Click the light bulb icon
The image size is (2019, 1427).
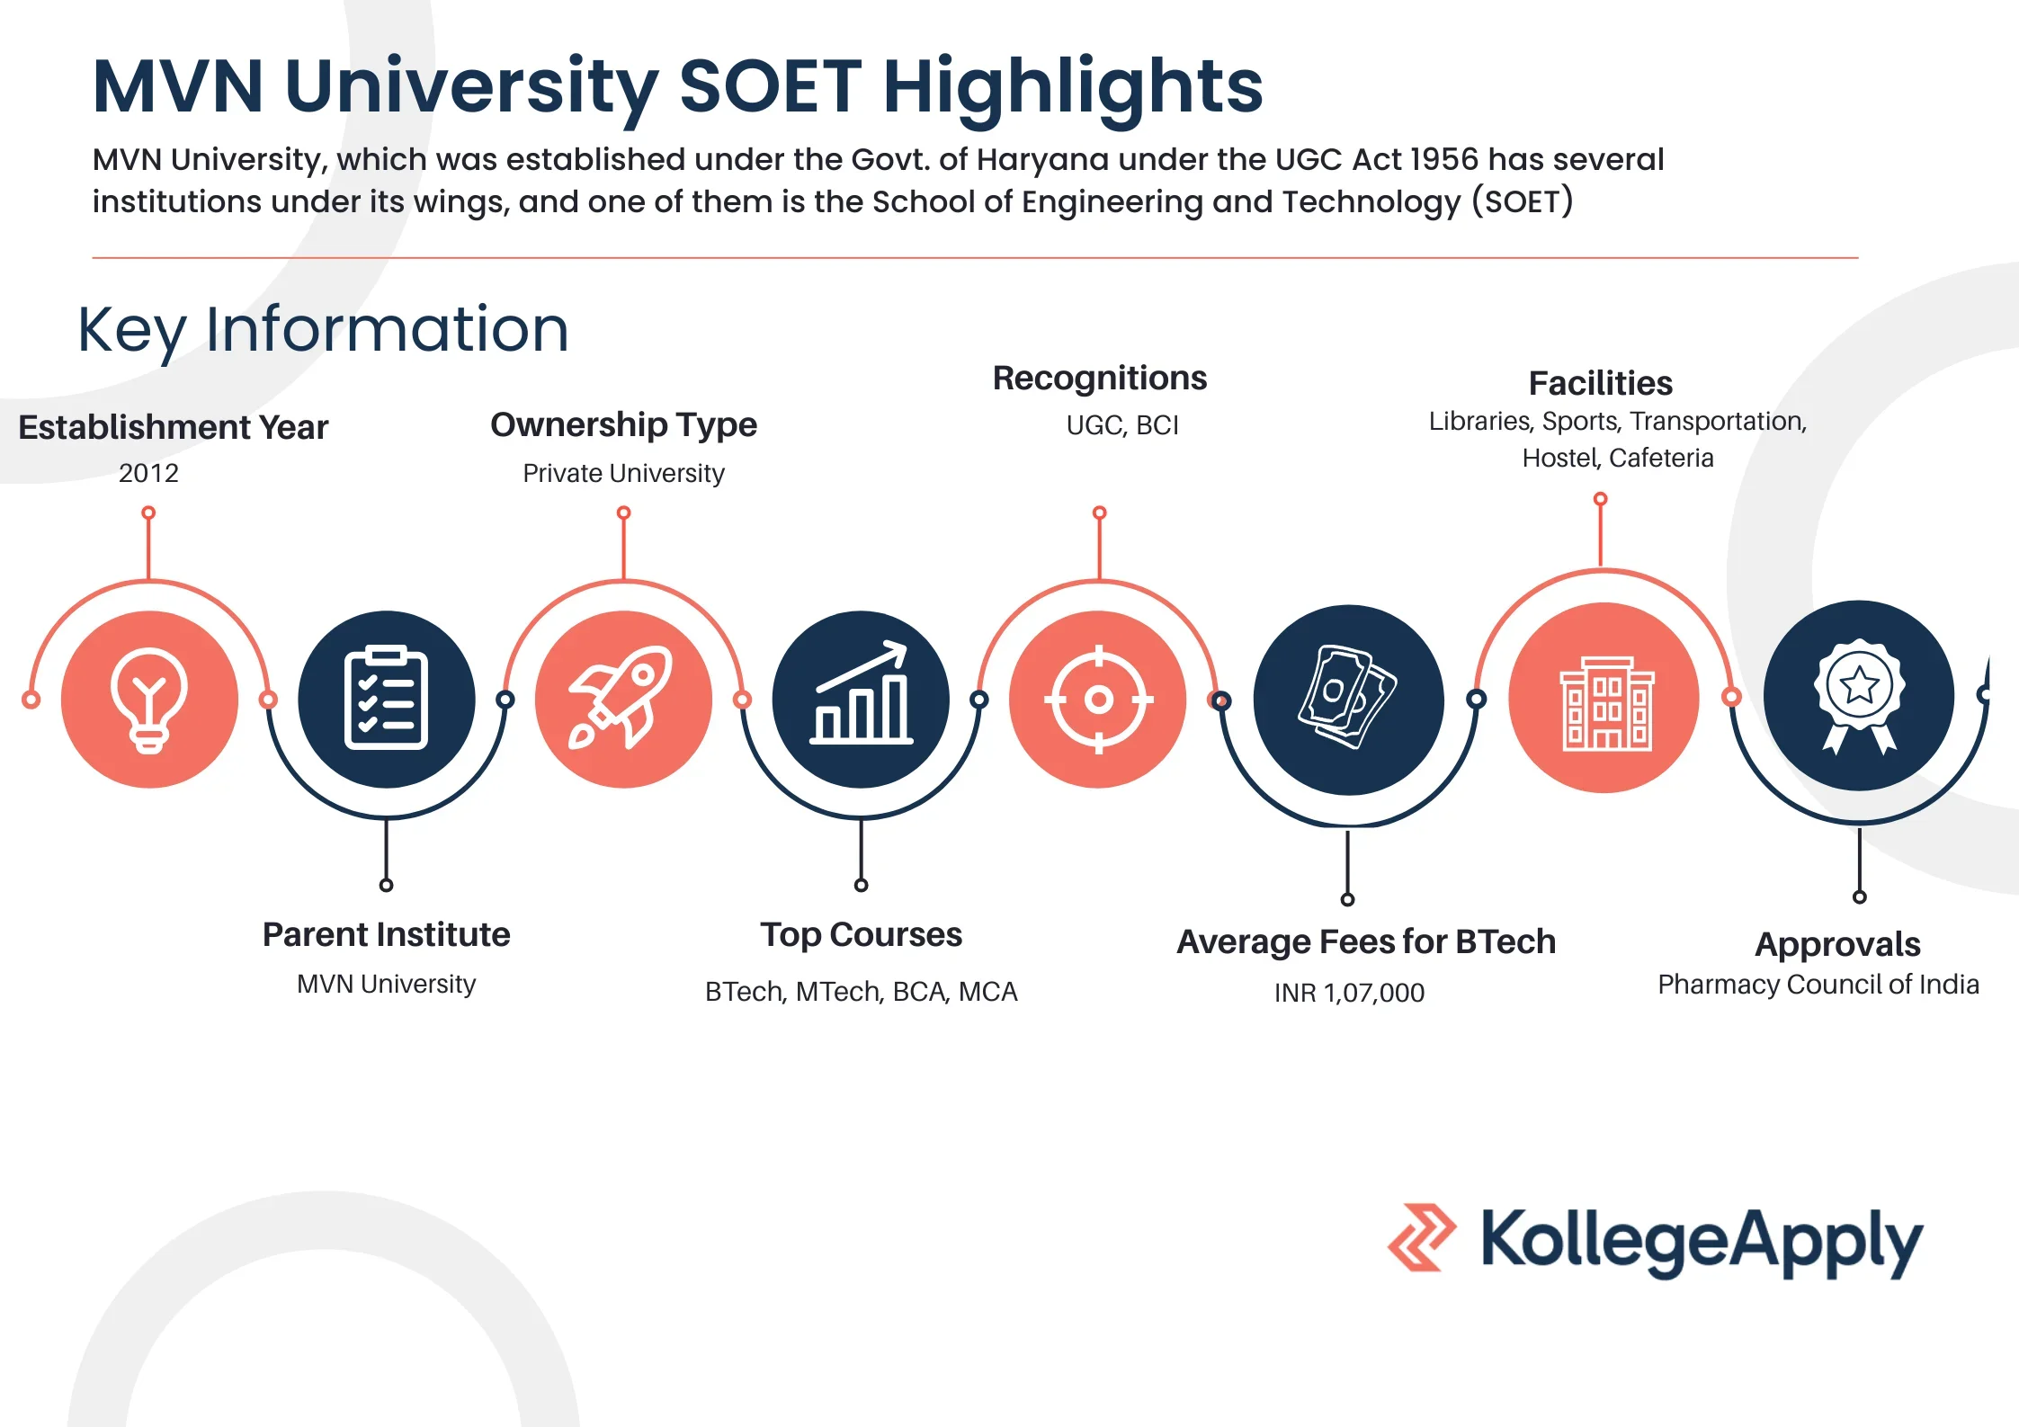tap(149, 700)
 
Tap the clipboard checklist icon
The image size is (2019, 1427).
tap(386, 699)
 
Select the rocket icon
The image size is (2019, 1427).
tap(622, 698)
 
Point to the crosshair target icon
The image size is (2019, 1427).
tap(1098, 699)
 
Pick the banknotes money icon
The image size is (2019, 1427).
tap(1347, 698)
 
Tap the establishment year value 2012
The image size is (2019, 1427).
tap(149, 473)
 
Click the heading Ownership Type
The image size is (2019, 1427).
tap(623, 424)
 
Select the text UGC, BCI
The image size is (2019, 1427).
tap(1121, 425)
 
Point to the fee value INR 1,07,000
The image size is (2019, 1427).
tap(1349, 993)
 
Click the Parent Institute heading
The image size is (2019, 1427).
tap(386, 935)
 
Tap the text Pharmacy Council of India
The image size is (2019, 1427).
tap(1818, 985)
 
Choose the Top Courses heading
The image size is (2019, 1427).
tap(861, 935)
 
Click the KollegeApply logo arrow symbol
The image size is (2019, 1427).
tap(1421, 1237)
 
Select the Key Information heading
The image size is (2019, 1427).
tap(324, 329)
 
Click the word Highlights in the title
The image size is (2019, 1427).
tap(1073, 87)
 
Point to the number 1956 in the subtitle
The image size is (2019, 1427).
tap(1444, 159)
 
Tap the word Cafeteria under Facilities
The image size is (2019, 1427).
tap(1661, 459)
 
